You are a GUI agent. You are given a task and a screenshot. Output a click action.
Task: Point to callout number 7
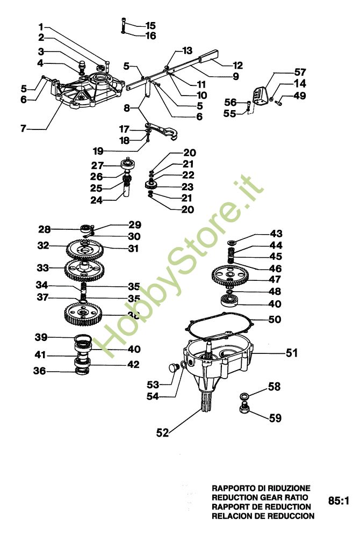pyautogui.click(x=23, y=129)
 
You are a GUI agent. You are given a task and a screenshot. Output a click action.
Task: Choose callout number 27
pyautogui.click(x=97, y=165)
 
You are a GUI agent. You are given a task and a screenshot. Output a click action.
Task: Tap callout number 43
pyautogui.click(x=276, y=234)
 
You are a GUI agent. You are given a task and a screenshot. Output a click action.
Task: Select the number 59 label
pyautogui.click(x=275, y=417)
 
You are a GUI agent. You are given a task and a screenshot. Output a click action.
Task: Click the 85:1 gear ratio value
pyautogui.click(x=339, y=502)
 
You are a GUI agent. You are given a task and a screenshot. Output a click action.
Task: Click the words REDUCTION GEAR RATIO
pyautogui.click(x=261, y=497)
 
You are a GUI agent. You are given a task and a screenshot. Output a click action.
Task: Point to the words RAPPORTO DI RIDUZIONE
pyautogui.click(x=261, y=488)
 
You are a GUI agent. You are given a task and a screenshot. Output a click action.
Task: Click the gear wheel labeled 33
pyautogui.click(x=83, y=268)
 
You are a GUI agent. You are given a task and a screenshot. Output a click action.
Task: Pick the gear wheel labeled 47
pyautogui.click(x=230, y=277)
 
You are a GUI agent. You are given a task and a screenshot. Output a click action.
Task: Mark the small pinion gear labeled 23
pyautogui.click(x=153, y=186)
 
